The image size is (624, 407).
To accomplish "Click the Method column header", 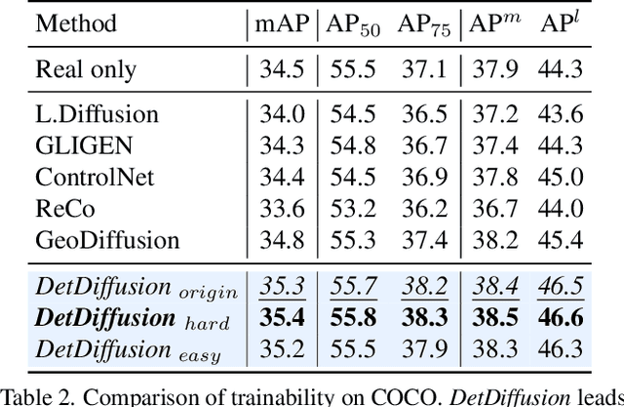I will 76,22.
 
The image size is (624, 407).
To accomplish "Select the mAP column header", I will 278,22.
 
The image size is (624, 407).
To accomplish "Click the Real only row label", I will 86,69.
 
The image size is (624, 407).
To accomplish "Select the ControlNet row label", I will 94,177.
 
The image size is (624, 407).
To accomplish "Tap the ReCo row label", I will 65,208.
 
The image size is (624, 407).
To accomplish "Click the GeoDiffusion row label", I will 107,239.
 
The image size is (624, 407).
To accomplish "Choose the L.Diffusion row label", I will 97,114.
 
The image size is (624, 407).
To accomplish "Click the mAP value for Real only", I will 278,69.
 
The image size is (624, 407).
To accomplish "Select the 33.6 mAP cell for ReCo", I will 278,208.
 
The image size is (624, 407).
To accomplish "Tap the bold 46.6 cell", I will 563,318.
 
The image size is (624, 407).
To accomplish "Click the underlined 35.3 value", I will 278,287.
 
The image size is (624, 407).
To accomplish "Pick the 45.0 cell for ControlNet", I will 563,177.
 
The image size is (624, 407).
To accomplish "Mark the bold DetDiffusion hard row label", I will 124,318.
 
